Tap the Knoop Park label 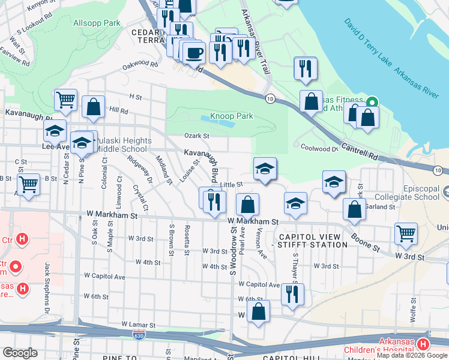pos(231,116)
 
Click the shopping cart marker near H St pos(65,100)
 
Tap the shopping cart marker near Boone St pos(406,233)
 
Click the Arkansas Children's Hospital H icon pos(423,344)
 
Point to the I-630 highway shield pos(139,334)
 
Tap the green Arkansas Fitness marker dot pos(372,101)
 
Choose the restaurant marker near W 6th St pos(292,294)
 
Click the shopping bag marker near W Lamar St pos(258,311)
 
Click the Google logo pos(20,353)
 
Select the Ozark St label pos(196,136)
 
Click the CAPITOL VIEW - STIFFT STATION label pos(310,240)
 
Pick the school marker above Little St pos(265,169)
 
